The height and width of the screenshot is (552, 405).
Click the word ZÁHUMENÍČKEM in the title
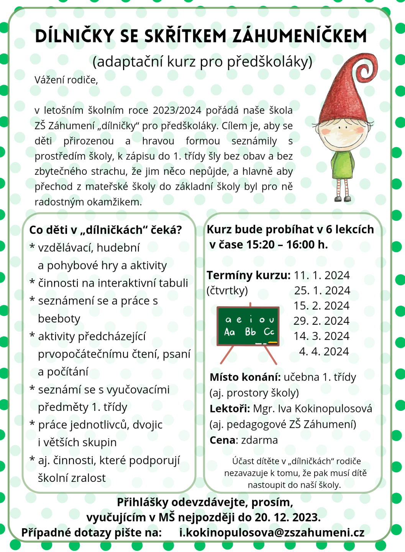pyautogui.click(x=300, y=36)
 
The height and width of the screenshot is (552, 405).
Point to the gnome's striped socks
pyautogui.click(x=343, y=187)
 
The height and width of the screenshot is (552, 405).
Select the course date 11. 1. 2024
pyautogui.click(x=322, y=275)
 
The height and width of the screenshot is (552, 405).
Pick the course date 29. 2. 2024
pyautogui.click(x=321, y=321)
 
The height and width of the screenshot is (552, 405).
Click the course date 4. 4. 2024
pyautogui.click(x=324, y=351)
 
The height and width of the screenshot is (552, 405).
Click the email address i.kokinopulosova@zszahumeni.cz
pyautogui.click(x=272, y=532)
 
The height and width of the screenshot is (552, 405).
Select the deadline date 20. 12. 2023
pyautogui.click(x=287, y=517)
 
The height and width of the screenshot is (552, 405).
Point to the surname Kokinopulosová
pyautogui.click(x=333, y=409)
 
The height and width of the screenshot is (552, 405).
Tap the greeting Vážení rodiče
pyautogui.click(x=66, y=80)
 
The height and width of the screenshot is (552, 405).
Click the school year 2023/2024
pyautogui.click(x=177, y=110)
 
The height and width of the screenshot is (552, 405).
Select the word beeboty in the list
pyautogui.click(x=59, y=319)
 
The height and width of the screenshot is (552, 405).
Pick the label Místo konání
pyautogui.click(x=245, y=377)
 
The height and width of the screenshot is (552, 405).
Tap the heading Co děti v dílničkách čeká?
pyautogui.click(x=105, y=230)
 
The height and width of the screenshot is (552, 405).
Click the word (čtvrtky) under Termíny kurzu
pyautogui.click(x=227, y=291)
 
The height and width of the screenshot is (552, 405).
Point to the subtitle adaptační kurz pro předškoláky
pyautogui.click(x=202, y=61)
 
